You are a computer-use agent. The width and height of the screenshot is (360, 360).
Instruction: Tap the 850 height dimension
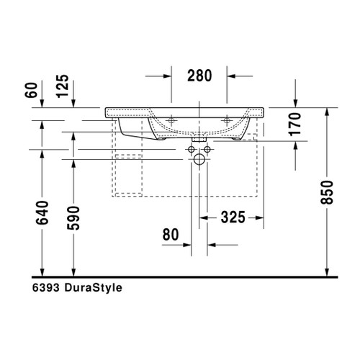click(x=328, y=193)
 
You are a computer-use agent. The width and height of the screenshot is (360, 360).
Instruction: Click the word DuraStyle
click(x=94, y=288)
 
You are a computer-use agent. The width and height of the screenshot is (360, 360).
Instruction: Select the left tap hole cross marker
click(x=172, y=119)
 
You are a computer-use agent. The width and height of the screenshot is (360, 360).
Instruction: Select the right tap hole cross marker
click(x=228, y=119)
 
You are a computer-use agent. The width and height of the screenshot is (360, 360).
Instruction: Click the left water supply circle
click(x=192, y=150)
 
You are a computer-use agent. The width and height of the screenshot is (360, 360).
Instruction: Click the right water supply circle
click(x=207, y=150)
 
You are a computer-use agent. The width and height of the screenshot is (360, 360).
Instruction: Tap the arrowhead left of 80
click(x=186, y=243)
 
